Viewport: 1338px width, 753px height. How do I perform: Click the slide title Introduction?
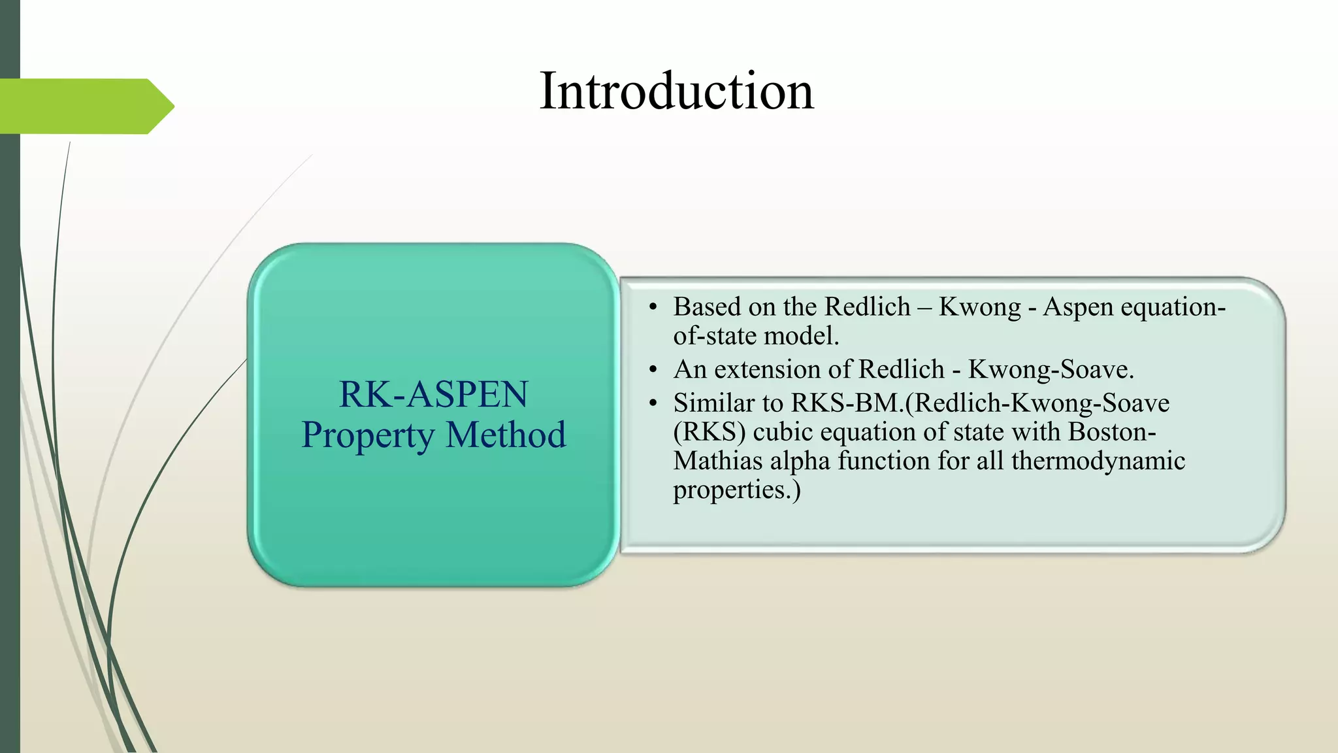coord(676,92)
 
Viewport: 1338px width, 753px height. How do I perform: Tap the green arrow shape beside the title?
coord(85,106)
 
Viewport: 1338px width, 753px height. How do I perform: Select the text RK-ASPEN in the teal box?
coord(433,395)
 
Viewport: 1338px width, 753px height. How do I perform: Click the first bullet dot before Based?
coord(653,308)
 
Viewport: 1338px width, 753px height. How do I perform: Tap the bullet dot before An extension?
coord(653,371)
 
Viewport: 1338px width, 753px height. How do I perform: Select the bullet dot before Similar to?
coord(653,404)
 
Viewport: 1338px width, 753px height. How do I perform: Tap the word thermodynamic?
coord(1098,461)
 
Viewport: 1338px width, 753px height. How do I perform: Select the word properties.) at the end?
coord(736,490)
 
